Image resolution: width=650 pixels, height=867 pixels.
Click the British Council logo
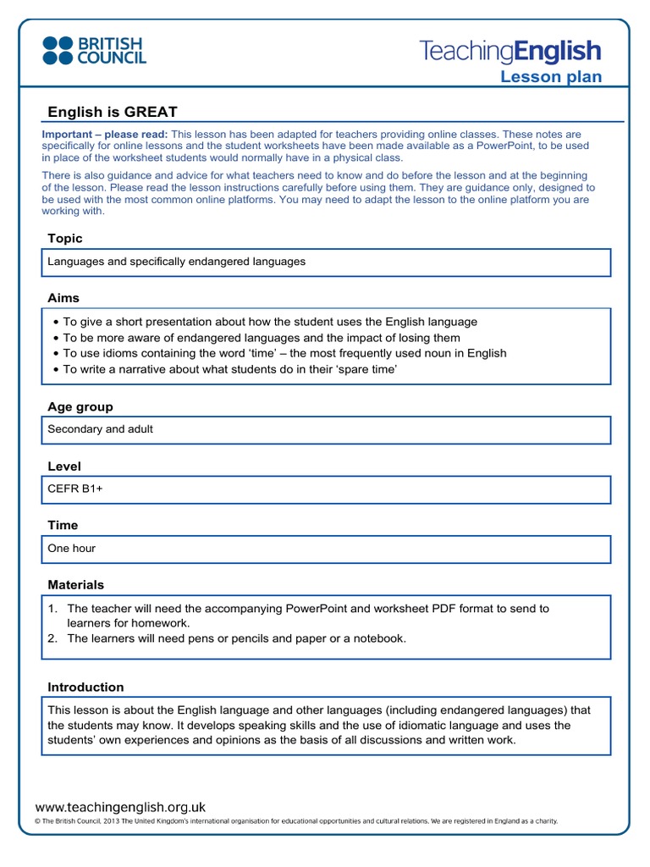point(94,51)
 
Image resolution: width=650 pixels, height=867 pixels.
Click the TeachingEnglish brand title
point(510,51)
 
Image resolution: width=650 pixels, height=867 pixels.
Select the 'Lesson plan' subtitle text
point(551,77)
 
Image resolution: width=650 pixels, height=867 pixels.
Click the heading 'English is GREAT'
point(113,113)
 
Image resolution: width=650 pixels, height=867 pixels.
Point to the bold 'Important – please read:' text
point(105,135)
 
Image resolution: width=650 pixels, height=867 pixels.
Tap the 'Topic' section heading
point(65,239)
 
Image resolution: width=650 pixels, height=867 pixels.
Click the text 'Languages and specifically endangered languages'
point(176,262)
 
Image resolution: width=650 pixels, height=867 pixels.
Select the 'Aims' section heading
point(63,298)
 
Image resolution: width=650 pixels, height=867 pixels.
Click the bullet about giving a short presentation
point(270,322)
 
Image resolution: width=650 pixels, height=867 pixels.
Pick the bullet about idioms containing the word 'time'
point(284,353)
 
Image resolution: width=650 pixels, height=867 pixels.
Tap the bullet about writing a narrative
point(229,369)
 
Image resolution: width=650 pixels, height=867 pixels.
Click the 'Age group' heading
point(80,407)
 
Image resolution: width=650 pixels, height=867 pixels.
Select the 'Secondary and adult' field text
point(101,429)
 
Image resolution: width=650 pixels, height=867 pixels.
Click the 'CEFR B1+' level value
point(75,489)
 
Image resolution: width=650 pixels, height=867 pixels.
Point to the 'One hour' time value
point(72,548)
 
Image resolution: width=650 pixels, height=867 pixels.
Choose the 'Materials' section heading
point(76,585)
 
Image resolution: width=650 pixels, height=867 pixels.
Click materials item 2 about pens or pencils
point(236,638)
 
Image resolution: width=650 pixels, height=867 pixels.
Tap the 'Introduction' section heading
point(85,688)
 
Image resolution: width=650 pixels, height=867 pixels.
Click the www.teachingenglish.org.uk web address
point(120,808)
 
